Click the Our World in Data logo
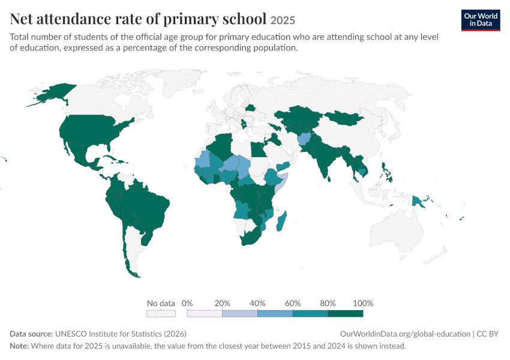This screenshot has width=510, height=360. (x=481, y=20)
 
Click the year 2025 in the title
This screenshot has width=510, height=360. (x=283, y=20)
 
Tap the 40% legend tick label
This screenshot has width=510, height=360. (x=257, y=304)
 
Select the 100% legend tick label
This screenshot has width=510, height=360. (x=363, y=304)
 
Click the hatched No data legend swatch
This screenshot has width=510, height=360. (x=161, y=313)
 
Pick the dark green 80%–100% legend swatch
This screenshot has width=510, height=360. (x=346, y=313)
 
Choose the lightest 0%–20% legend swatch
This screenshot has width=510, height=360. (x=205, y=313)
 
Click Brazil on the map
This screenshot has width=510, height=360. (x=146, y=208)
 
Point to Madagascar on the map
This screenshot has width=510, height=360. (x=281, y=221)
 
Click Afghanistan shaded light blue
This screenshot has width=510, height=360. (x=304, y=139)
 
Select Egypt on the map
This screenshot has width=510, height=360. (x=257, y=149)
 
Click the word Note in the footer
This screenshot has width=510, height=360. (x=19, y=346)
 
